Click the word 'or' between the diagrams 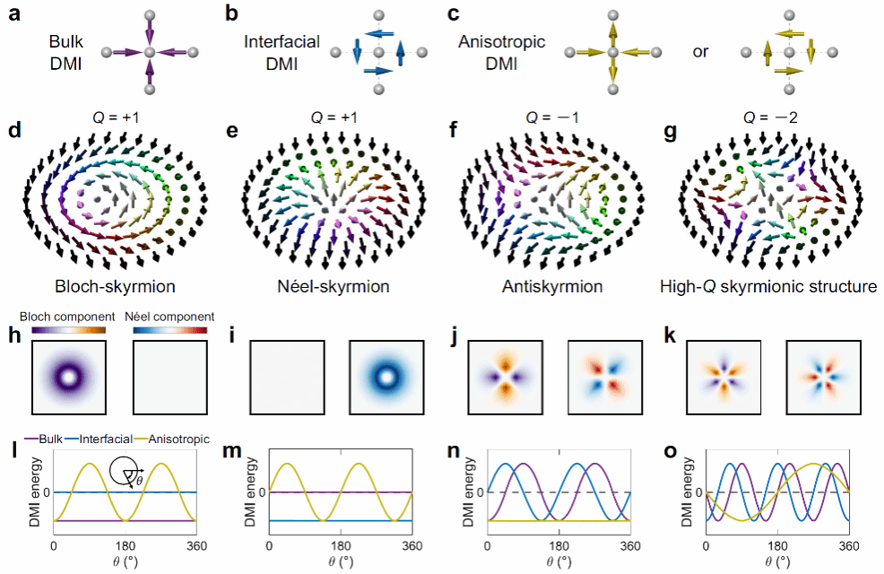(x=699, y=52)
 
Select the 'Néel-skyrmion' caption (x=332, y=288)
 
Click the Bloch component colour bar (x=69, y=330)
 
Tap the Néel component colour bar (x=169, y=330)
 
